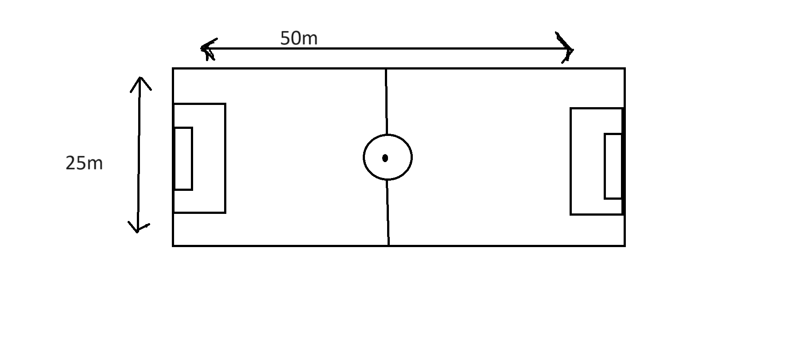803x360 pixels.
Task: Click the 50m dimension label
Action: pos(299,39)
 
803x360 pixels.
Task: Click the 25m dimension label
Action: pos(84,163)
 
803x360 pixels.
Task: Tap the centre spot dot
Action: pos(385,158)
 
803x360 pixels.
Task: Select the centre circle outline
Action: pos(364,157)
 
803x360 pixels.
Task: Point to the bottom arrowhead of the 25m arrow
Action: pos(137,229)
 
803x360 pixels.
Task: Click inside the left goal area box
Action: pos(183,159)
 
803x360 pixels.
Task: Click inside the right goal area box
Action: pos(613,166)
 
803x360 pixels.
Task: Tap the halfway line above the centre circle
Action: pos(386,102)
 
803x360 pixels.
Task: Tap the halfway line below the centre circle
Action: pos(388,213)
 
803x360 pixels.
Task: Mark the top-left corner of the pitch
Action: pos(173,69)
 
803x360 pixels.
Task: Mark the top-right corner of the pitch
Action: pos(625,69)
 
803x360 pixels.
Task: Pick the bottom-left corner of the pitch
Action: pos(173,245)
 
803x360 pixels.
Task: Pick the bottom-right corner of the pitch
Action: pos(625,245)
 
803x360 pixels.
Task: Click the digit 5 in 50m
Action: pos(286,39)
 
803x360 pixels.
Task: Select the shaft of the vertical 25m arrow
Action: pos(139,155)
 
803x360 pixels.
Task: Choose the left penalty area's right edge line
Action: pos(225,159)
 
